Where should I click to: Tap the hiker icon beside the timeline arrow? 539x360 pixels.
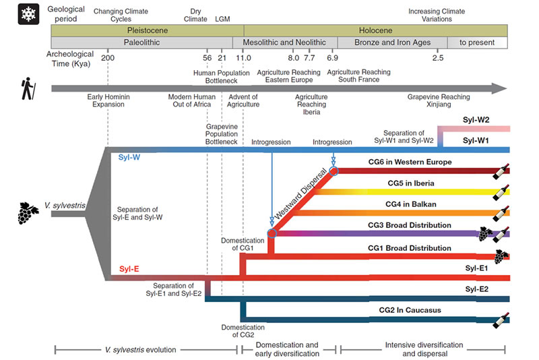click(x=29, y=88)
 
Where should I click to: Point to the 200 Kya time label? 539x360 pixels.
click(x=107, y=58)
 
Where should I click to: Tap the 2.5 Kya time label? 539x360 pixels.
click(x=438, y=58)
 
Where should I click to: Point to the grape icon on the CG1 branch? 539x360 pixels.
click(x=501, y=256)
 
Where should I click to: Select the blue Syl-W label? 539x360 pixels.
click(x=129, y=157)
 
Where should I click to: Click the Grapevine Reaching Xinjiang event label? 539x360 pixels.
click(x=438, y=101)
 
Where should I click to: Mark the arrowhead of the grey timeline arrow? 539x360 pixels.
click(x=499, y=88)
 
